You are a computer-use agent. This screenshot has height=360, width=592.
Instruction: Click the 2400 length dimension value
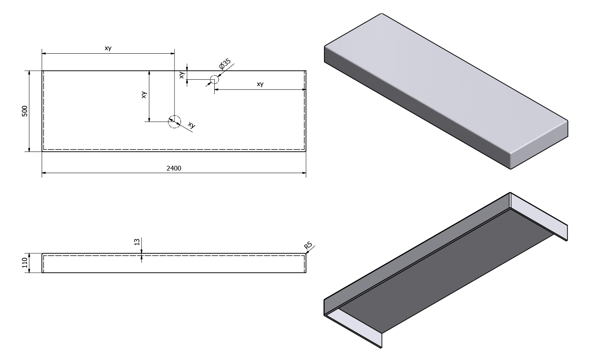pos(174,168)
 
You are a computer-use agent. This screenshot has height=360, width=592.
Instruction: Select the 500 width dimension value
pos(24,111)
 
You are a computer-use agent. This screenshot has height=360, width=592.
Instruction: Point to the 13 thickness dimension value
pos(137,242)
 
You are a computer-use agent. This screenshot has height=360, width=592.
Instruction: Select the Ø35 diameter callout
pos(225,64)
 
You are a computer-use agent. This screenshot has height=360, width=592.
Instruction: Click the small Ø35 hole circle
pos(214,80)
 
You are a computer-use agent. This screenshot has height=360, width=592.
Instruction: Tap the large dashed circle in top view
pos(174,122)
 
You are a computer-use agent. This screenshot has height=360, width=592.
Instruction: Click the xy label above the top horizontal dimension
pos(108,48)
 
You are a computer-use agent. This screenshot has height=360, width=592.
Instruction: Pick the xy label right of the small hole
pos(260,84)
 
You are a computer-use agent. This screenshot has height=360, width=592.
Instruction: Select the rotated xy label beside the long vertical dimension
pos(144,95)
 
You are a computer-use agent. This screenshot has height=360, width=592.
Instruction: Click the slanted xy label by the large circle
pos(191,126)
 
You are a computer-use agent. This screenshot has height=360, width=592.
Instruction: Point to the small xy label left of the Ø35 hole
pos(182,75)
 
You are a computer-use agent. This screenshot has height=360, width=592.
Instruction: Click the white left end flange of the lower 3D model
pos(355,326)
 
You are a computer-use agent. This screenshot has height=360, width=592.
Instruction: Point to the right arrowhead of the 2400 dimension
pos(304,173)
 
